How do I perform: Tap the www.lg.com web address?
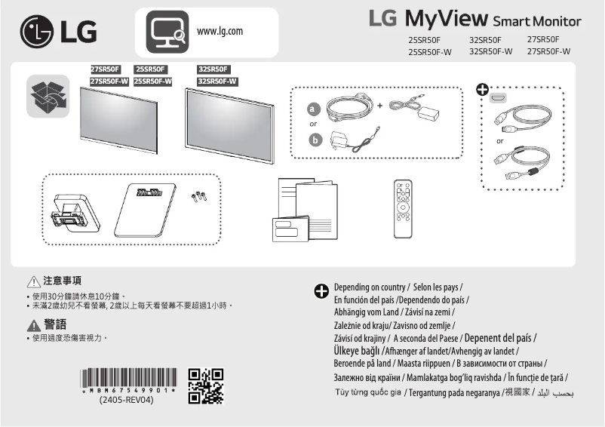point(220,31)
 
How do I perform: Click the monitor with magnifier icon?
point(165,32)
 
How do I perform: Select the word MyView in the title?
point(447,18)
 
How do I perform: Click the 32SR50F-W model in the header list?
point(490,51)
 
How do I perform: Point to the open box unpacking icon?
point(48,97)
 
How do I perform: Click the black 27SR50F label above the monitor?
point(104,69)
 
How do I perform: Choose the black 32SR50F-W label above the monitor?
point(217,81)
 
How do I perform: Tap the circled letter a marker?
point(315,109)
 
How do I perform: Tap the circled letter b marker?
point(315,139)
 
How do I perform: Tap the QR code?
point(205,386)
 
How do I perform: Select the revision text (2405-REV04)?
point(127,400)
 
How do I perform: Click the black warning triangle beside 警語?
point(33,324)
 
